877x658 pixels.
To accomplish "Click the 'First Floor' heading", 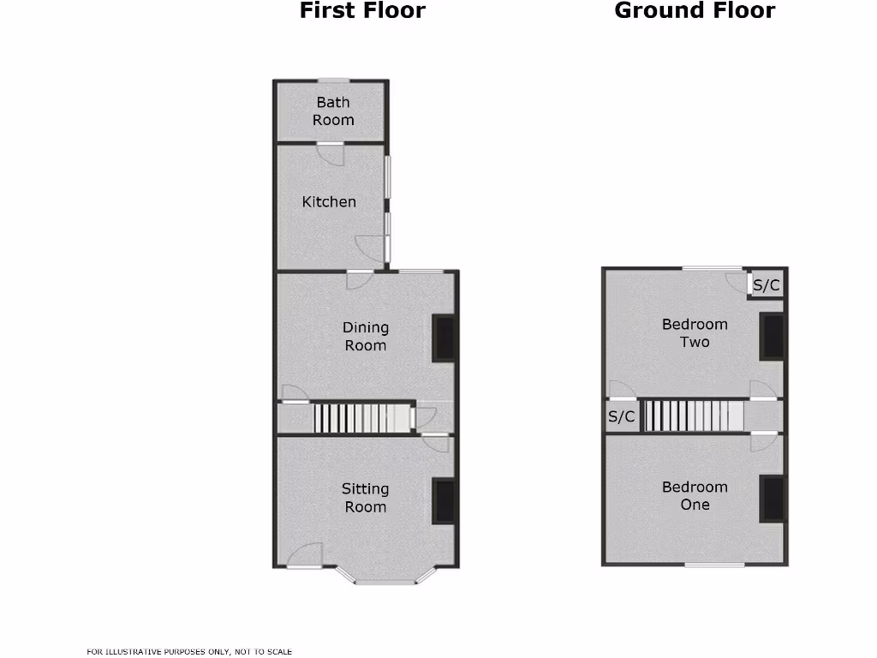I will tap(362, 11).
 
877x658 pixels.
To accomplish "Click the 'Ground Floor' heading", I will tap(695, 11).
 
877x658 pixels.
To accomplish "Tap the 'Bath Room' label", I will tap(333, 111).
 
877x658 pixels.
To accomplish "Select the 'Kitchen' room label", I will tap(329, 202).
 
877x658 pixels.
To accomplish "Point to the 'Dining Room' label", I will tap(366, 337).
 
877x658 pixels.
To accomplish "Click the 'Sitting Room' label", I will tap(366, 498).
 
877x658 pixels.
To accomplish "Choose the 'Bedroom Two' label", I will tap(695, 333).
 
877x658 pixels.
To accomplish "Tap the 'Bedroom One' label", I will tap(695, 496).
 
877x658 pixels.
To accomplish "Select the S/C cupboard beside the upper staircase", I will tap(621, 417).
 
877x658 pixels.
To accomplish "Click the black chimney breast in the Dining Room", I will tap(443, 338).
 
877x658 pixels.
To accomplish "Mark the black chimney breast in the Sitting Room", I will tap(443, 501).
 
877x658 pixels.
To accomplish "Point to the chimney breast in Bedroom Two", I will tap(772, 337).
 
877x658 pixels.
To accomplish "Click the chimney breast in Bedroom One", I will tap(772, 499).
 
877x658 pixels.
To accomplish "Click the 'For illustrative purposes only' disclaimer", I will tap(189, 652).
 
